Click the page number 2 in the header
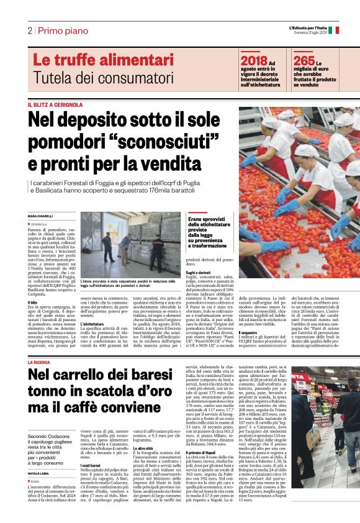point(29,30)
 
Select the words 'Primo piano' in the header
point(61,30)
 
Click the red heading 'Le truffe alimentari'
point(102,61)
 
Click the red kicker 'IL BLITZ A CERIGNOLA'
point(55,104)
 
